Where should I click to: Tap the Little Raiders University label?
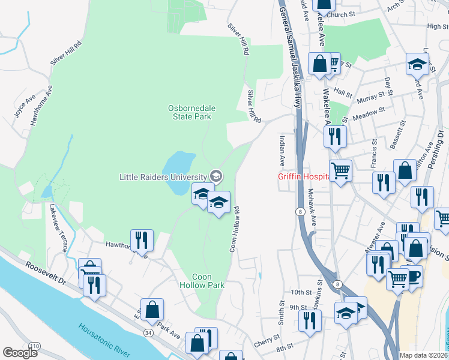[163, 176]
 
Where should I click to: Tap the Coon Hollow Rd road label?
[236, 229]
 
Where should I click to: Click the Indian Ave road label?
[281, 151]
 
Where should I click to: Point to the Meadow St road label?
[369, 113]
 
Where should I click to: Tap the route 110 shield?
[36, 346]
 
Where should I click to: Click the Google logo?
[20, 353]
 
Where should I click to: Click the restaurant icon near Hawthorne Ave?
[142, 241]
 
